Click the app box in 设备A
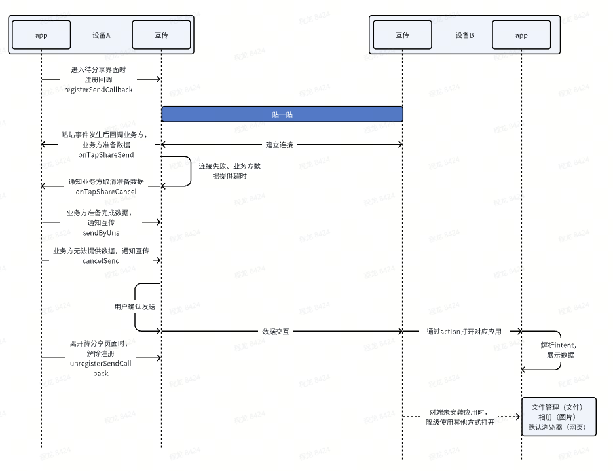(x=41, y=35)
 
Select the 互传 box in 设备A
(x=161, y=35)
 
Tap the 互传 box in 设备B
(x=403, y=35)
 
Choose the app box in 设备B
(x=521, y=35)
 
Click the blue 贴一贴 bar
(x=282, y=114)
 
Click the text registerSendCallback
(x=98, y=89)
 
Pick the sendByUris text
(x=101, y=232)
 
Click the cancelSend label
(x=101, y=260)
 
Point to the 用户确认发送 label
(x=134, y=307)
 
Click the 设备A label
(x=101, y=35)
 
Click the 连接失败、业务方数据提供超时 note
(x=230, y=171)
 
